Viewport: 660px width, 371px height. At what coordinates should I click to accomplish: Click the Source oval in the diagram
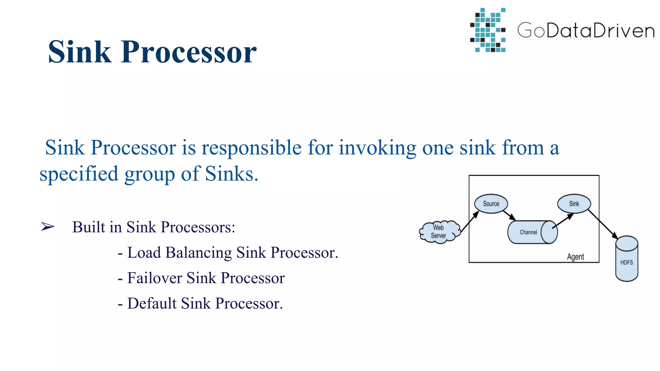491,204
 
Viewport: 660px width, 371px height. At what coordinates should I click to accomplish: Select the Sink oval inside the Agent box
574,204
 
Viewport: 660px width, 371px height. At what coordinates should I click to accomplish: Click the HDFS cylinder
626,259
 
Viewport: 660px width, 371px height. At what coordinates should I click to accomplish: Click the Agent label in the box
575,257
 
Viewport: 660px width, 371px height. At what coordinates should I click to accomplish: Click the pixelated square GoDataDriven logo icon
488,30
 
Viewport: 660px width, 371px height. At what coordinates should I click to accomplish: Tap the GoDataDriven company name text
586,31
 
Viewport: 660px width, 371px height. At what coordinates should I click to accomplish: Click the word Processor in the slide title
189,52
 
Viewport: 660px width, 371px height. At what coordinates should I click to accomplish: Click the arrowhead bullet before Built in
48,227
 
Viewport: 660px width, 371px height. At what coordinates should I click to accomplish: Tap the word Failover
154,278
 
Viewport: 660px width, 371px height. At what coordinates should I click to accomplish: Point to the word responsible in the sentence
252,148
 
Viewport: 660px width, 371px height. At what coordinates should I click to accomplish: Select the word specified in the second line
79,174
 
